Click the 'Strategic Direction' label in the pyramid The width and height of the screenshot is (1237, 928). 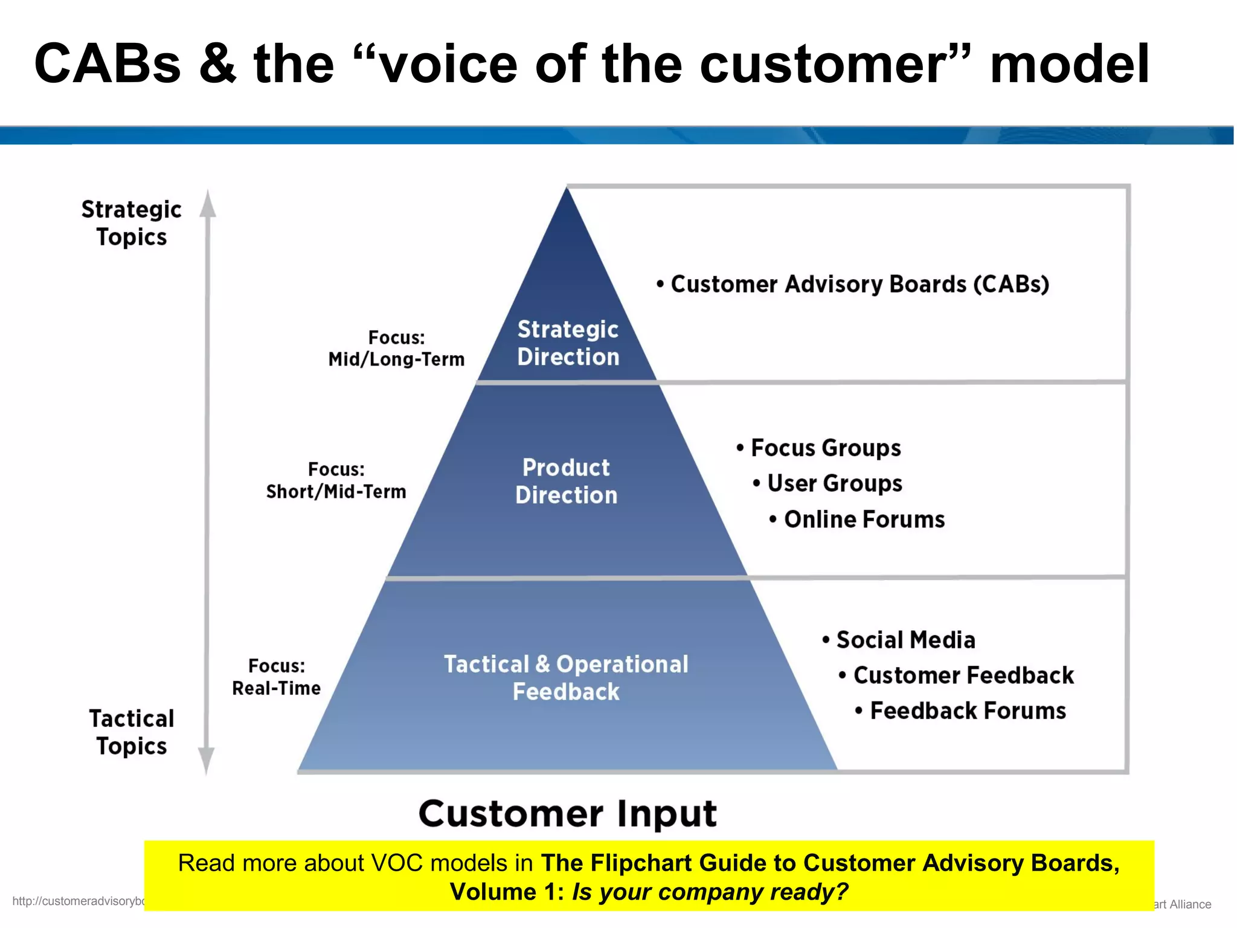pyautogui.click(x=568, y=343)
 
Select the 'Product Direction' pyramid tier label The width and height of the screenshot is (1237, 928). pyautogui.click(x=566, y=481)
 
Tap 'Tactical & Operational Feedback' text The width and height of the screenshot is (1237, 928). pyautogui.click(x=566, y=677)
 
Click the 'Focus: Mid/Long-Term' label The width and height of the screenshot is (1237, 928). pyautogui.click(x=396, y=349)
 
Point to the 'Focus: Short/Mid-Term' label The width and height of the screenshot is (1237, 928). pyautogui.click(x=336, y=481)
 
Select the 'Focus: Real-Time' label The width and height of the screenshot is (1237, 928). pyautogui.click(x=276, y=677)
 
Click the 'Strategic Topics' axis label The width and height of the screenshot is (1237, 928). pyautogui.click(x=131, y=223)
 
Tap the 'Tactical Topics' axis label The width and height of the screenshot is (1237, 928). pyautogui.click(x=131, y=732)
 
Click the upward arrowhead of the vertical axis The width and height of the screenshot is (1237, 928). pyautogui.click(x=208, y=203)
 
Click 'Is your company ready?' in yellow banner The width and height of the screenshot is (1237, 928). pyautogui.click(x=710, y=892)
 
